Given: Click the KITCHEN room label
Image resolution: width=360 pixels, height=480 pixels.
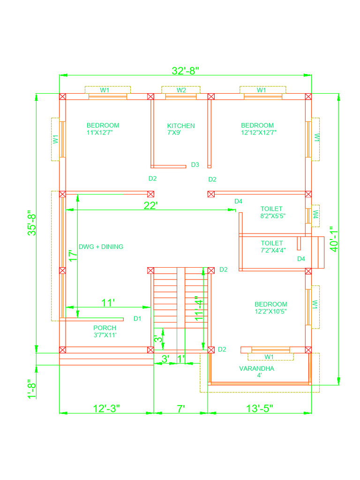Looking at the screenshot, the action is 181,126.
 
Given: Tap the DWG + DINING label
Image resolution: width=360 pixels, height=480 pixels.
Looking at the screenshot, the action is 101,247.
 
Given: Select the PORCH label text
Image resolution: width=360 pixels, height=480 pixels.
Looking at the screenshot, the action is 105,328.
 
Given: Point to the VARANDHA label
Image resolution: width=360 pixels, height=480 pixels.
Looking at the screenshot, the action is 256,368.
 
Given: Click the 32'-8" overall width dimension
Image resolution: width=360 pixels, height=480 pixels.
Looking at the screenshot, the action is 185,71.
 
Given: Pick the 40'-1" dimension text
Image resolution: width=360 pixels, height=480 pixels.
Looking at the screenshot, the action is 334,239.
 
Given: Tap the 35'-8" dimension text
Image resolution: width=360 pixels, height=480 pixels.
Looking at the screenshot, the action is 32,223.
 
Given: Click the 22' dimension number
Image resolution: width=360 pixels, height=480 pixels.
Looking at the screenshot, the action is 150,205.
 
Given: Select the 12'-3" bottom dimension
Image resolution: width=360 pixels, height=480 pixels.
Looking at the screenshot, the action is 106,408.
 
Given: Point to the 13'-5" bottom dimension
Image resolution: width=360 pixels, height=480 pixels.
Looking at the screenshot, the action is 260,408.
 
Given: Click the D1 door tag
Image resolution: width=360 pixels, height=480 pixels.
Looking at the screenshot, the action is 137,319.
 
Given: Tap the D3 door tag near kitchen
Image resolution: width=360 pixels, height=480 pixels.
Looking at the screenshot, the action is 195,165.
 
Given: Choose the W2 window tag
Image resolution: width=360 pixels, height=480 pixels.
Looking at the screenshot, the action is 181,90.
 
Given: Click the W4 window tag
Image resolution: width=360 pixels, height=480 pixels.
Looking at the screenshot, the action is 315,214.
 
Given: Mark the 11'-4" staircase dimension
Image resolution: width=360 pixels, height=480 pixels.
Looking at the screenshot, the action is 199,308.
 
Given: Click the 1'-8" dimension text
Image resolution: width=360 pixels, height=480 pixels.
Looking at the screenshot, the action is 32,389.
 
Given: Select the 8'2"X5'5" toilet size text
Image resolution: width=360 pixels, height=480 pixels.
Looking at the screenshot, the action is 273,216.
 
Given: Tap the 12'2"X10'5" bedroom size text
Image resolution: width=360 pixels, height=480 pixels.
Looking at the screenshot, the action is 270,312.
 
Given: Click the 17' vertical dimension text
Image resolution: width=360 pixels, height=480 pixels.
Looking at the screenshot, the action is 73,255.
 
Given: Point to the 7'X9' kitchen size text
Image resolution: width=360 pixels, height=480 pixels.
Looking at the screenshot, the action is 174,133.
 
